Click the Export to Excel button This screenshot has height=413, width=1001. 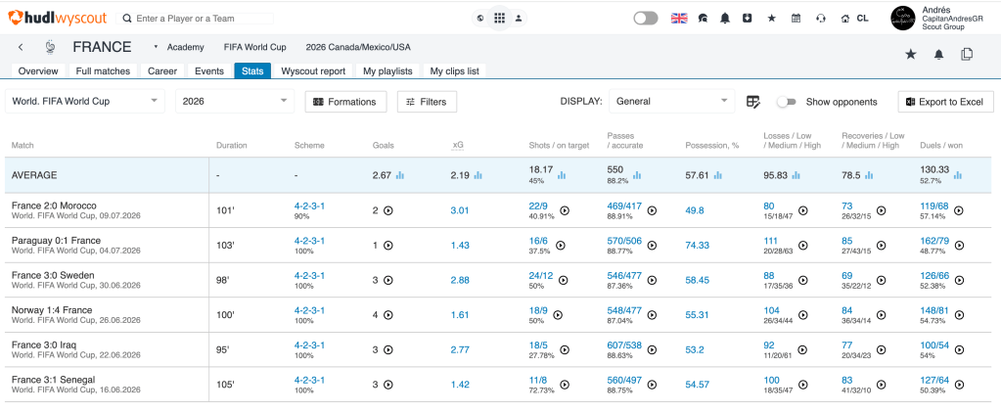coord(946,102)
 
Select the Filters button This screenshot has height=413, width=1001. coord(427,102)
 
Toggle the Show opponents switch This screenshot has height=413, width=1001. coord(787,102)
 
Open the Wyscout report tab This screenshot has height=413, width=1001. coord(313,70)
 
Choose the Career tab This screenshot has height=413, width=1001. coord(162,70)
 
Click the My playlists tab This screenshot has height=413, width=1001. coord(388,70)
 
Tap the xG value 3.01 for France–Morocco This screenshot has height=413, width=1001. coord(460,210)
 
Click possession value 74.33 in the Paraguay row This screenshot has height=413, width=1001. coord(697,245)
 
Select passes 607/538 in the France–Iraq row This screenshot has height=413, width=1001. coord(625,345)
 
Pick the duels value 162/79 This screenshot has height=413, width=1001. coord(934,241)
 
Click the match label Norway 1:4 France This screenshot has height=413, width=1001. coord(52,309)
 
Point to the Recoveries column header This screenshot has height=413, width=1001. coord(874,140)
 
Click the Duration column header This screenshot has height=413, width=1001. coord(231,146)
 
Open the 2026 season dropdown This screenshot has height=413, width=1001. coord(234,101)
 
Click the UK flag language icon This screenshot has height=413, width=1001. coord(679,19)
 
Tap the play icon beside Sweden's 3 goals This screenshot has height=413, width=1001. coord(387,280)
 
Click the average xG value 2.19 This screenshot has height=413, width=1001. coord(460,175)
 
